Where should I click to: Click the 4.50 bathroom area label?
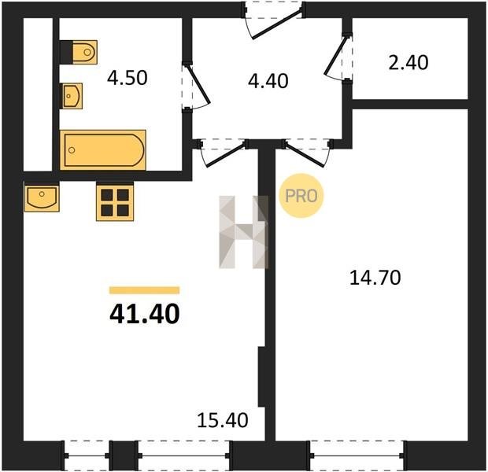coord(127,78)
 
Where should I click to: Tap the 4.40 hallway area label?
coord(268,81)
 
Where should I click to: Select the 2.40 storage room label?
coord(409,62)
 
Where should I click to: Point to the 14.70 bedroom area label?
coord(375,278)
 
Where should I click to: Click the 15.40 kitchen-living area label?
coord(223,420)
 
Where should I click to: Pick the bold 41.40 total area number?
coord(145,314)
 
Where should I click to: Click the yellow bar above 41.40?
coord(144,290)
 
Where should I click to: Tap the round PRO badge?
coord(301,196)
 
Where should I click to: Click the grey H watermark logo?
coord(244,232)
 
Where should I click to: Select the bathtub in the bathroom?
coord(103,150)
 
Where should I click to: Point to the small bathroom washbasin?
coord(72,96)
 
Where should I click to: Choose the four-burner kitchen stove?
coord(115,202)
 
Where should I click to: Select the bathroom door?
coord(196,86)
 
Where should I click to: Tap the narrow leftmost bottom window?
coord(87,455)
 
